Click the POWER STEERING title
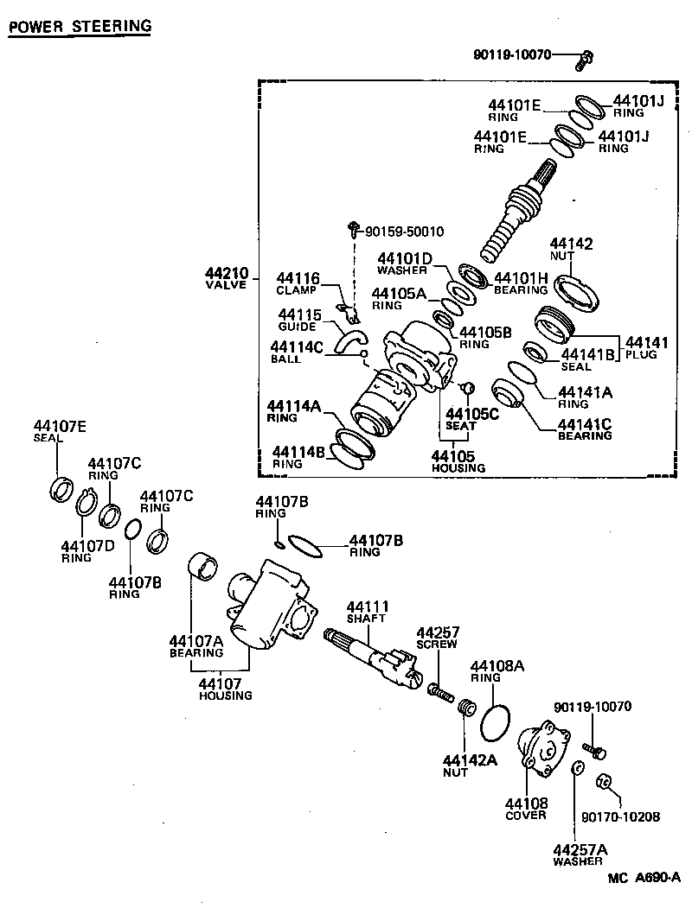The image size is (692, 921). point(80,26)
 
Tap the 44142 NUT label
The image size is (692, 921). point(571,251)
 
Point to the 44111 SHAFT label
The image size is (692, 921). point(368,612)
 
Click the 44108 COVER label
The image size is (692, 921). point(526,809)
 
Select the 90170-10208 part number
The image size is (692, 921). point(619,816)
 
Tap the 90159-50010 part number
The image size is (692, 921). point(404,232)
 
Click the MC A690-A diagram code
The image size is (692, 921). point(644,878)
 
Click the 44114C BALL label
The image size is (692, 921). point(297,353)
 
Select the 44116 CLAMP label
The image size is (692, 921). point(298,283)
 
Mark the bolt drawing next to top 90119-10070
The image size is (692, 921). point(585,60)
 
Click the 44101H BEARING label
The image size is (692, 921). point(521,283)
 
